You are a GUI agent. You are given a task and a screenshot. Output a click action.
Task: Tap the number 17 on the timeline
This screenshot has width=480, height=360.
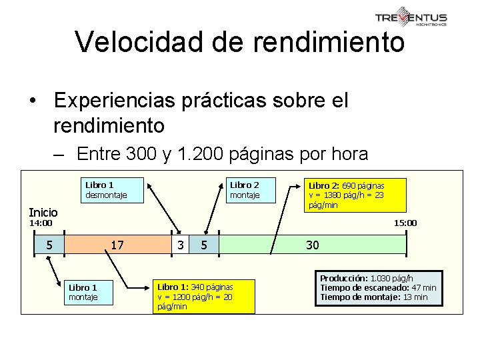(x=117, y=245)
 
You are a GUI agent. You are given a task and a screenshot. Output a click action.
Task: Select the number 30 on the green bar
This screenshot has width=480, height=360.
(x=313, y=245)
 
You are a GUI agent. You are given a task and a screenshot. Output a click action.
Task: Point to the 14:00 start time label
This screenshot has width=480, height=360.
(x=40, y=223)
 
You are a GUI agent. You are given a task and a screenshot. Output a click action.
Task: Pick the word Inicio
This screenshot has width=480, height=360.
(x=43, y=211)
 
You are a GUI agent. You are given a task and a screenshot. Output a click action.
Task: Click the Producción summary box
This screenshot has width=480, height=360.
(x=378, y=287)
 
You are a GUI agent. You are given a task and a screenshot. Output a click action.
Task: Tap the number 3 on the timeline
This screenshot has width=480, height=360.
(x=180, y=245)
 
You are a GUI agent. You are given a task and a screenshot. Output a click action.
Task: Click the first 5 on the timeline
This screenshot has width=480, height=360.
(x=49, y=245)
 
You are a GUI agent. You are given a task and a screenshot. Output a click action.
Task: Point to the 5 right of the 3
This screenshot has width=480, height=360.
(x=204, y=245)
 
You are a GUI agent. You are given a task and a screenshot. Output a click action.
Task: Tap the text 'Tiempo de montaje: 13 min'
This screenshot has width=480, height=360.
(x=374, y=297)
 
